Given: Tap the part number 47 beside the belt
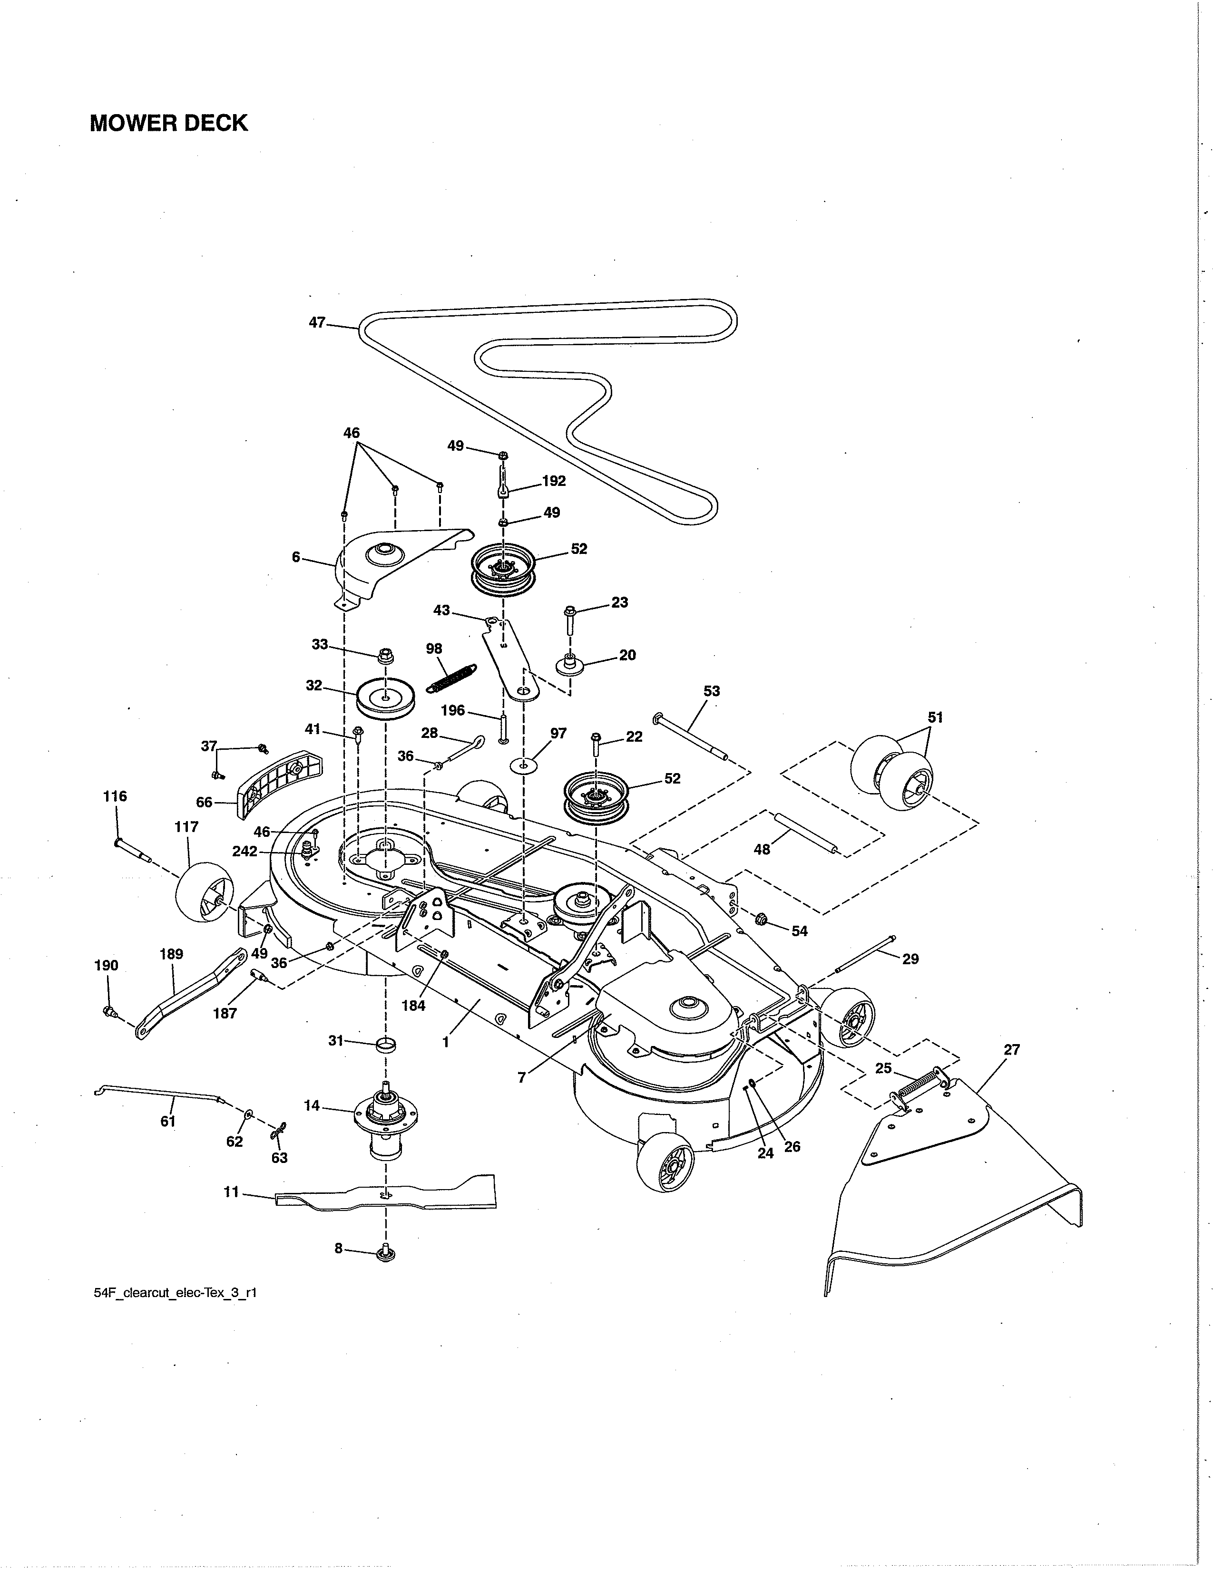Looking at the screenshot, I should point(317,322).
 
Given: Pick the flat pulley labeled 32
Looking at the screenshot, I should point(386,697).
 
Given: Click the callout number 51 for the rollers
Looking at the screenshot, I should point(935,717).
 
